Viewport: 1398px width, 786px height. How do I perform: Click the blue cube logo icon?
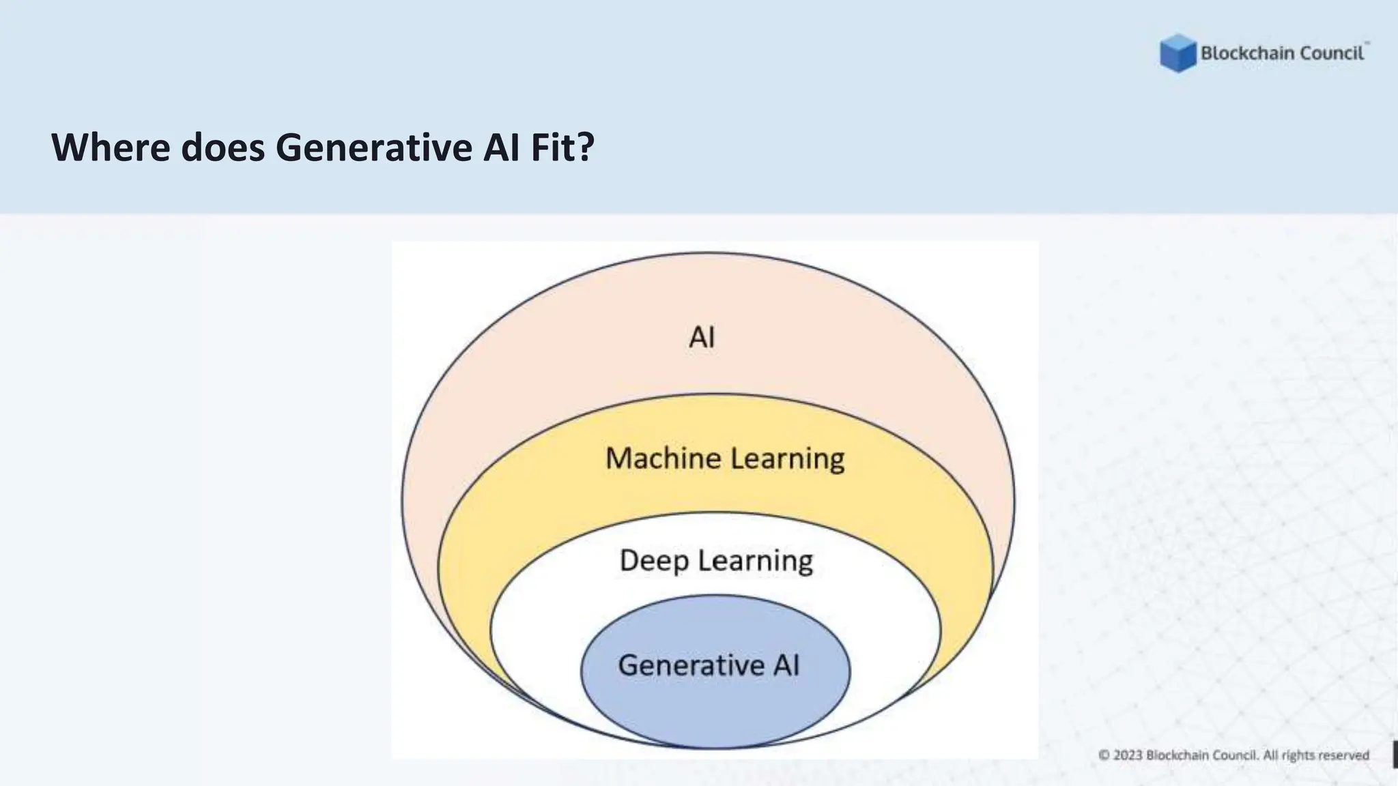point(1178,53)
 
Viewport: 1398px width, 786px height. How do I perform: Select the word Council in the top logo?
point(1332,53)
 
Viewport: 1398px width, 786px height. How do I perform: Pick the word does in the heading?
point(223,147)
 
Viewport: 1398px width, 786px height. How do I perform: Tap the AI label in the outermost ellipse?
point(702,337)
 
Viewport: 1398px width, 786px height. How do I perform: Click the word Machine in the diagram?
point(663,458)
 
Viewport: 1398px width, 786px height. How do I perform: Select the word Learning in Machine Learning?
point(787,459)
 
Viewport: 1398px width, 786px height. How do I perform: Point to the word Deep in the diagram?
point(654,561)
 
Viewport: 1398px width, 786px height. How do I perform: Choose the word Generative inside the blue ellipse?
point(691,665)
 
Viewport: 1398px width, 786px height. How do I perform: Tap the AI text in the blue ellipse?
point(786,665)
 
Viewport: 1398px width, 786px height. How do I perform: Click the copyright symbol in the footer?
point(1104,755)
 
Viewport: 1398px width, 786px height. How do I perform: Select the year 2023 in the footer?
point(1128,755)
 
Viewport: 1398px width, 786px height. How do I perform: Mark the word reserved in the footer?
point(1344,755)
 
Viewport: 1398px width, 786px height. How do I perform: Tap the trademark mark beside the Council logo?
point(1367,43)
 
